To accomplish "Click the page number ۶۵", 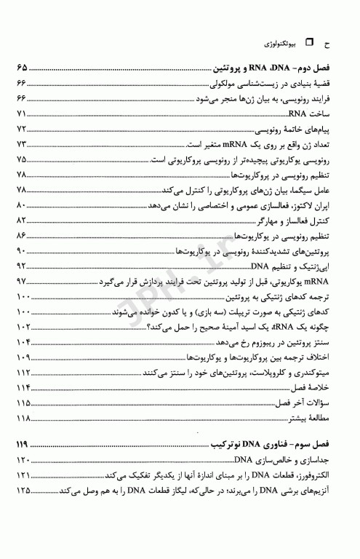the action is click(x=22, y=71).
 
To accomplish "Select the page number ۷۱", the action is click(x=21, y=114).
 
